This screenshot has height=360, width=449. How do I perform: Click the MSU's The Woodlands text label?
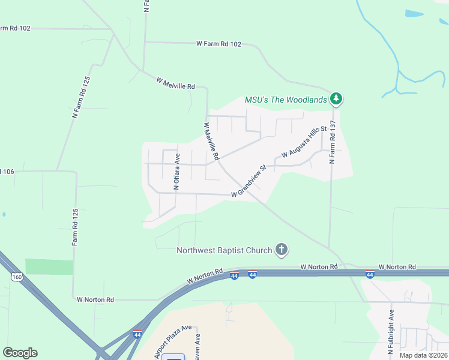pyautogui.click(x=286, y=100)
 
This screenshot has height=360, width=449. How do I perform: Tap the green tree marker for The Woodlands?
pyautogui.click(x=337, y=99)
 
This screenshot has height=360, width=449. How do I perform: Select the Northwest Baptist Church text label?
pyautogui.click(x=224, y=250)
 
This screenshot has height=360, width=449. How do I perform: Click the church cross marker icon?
pyautogui.click(x=281, y=250)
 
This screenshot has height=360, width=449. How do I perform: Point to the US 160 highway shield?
pyautogui.click(x=17, y=276)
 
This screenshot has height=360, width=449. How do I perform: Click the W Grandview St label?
pyautogui.click(x=249, y=182)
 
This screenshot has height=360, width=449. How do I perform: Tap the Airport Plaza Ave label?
pyautogui.click(x=173, y=341)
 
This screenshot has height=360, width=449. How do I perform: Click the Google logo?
pyautogui.click(x=20, y=353)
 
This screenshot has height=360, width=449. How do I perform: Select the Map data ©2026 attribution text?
pyautogui.click(x=423, y=355)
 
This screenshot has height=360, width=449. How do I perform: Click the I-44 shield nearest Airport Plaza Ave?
pyautogui.click(x=137, y=333)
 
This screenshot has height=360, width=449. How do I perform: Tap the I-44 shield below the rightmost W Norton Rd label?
pyautogui.click(x=370, y=275)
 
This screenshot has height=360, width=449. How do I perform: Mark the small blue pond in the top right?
pyautogui.click(x=414, y=13)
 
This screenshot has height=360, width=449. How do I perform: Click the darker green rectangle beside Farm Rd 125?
pyautogui.click(x=49, y=267)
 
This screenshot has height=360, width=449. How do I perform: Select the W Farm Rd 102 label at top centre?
pyautogui.click(x=218, y=43)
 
